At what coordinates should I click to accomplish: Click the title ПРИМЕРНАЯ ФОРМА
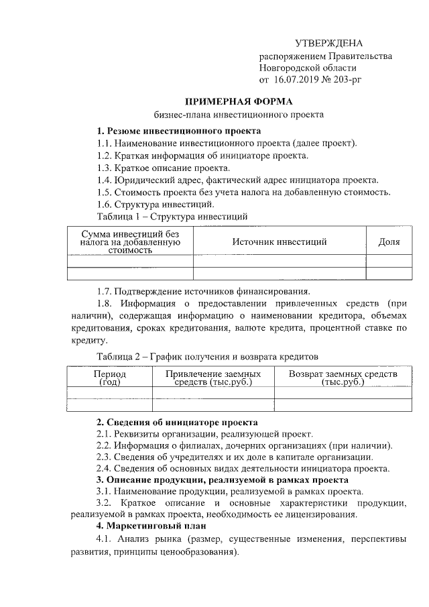point(239,101)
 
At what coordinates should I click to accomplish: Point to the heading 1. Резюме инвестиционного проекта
point(178,131)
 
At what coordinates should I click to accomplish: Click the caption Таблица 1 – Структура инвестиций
point(173,217)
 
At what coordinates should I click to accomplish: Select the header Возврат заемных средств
point(343,378)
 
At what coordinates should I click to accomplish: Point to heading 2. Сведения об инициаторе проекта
point(177,423)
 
